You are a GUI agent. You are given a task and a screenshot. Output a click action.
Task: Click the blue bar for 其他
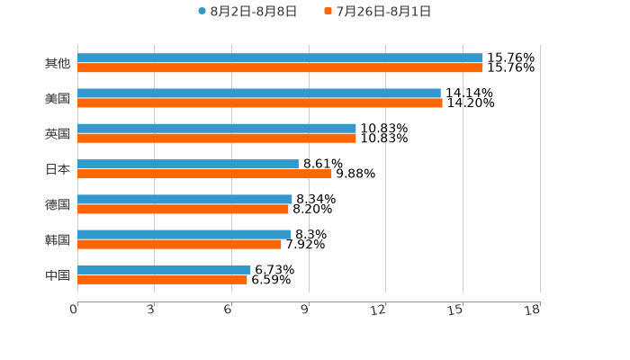(280, 58)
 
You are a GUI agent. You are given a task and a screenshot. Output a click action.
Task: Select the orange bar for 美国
(260, 103)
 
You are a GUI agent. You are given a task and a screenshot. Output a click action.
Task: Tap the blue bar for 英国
(217, 128)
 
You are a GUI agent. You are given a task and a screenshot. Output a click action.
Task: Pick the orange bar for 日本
(204, 174)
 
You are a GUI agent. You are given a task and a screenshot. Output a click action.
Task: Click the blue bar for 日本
(188, 164)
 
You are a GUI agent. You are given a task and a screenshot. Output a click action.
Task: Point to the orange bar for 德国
(183, 209)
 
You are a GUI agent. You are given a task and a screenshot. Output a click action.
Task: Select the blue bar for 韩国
(184, 234)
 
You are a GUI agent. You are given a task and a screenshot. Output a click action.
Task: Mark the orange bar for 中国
(162, 279)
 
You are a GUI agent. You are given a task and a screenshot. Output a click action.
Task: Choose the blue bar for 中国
(164, 269)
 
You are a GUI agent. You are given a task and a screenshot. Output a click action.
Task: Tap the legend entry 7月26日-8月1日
(382, 12)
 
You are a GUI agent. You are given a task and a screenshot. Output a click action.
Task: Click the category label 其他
(57, 63)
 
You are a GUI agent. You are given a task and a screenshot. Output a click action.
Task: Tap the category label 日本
(57, 168)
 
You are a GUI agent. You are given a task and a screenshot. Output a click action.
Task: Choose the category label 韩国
(57, 239)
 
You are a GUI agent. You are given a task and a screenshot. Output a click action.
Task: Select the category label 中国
(57, 274)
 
